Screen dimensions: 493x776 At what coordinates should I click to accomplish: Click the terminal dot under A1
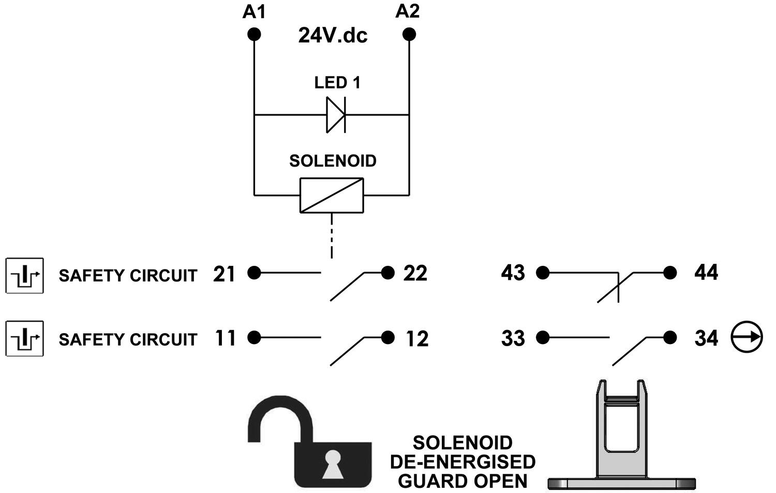[253, 35]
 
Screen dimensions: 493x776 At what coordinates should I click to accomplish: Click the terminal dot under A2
[409, 35]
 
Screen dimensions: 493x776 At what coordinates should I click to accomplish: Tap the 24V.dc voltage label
[332, 35]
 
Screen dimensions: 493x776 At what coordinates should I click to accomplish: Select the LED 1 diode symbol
[335, 114]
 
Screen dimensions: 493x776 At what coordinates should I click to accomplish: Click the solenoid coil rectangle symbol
[332, 195]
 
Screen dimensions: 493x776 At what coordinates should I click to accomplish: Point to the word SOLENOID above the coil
[333, 161]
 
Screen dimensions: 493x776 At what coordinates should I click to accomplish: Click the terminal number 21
[225, 274]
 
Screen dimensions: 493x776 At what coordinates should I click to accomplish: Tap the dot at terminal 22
[387, 273]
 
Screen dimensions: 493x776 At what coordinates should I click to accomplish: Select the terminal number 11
[225, 338]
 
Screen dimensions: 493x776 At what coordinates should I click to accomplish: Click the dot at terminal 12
[387, 337]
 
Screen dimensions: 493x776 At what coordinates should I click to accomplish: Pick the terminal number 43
[513, 273]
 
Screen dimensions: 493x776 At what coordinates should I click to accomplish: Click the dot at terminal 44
[670, 273]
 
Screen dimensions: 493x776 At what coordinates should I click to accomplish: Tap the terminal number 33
[513, 338]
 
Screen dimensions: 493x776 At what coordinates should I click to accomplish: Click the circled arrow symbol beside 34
[746, 337]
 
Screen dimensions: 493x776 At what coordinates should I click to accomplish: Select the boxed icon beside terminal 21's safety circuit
[25, 275]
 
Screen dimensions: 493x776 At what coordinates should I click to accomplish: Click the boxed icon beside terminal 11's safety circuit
[25, 339]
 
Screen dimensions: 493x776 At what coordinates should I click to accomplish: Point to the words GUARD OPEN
[462, 481]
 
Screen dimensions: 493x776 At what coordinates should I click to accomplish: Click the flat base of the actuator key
[621, 484]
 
